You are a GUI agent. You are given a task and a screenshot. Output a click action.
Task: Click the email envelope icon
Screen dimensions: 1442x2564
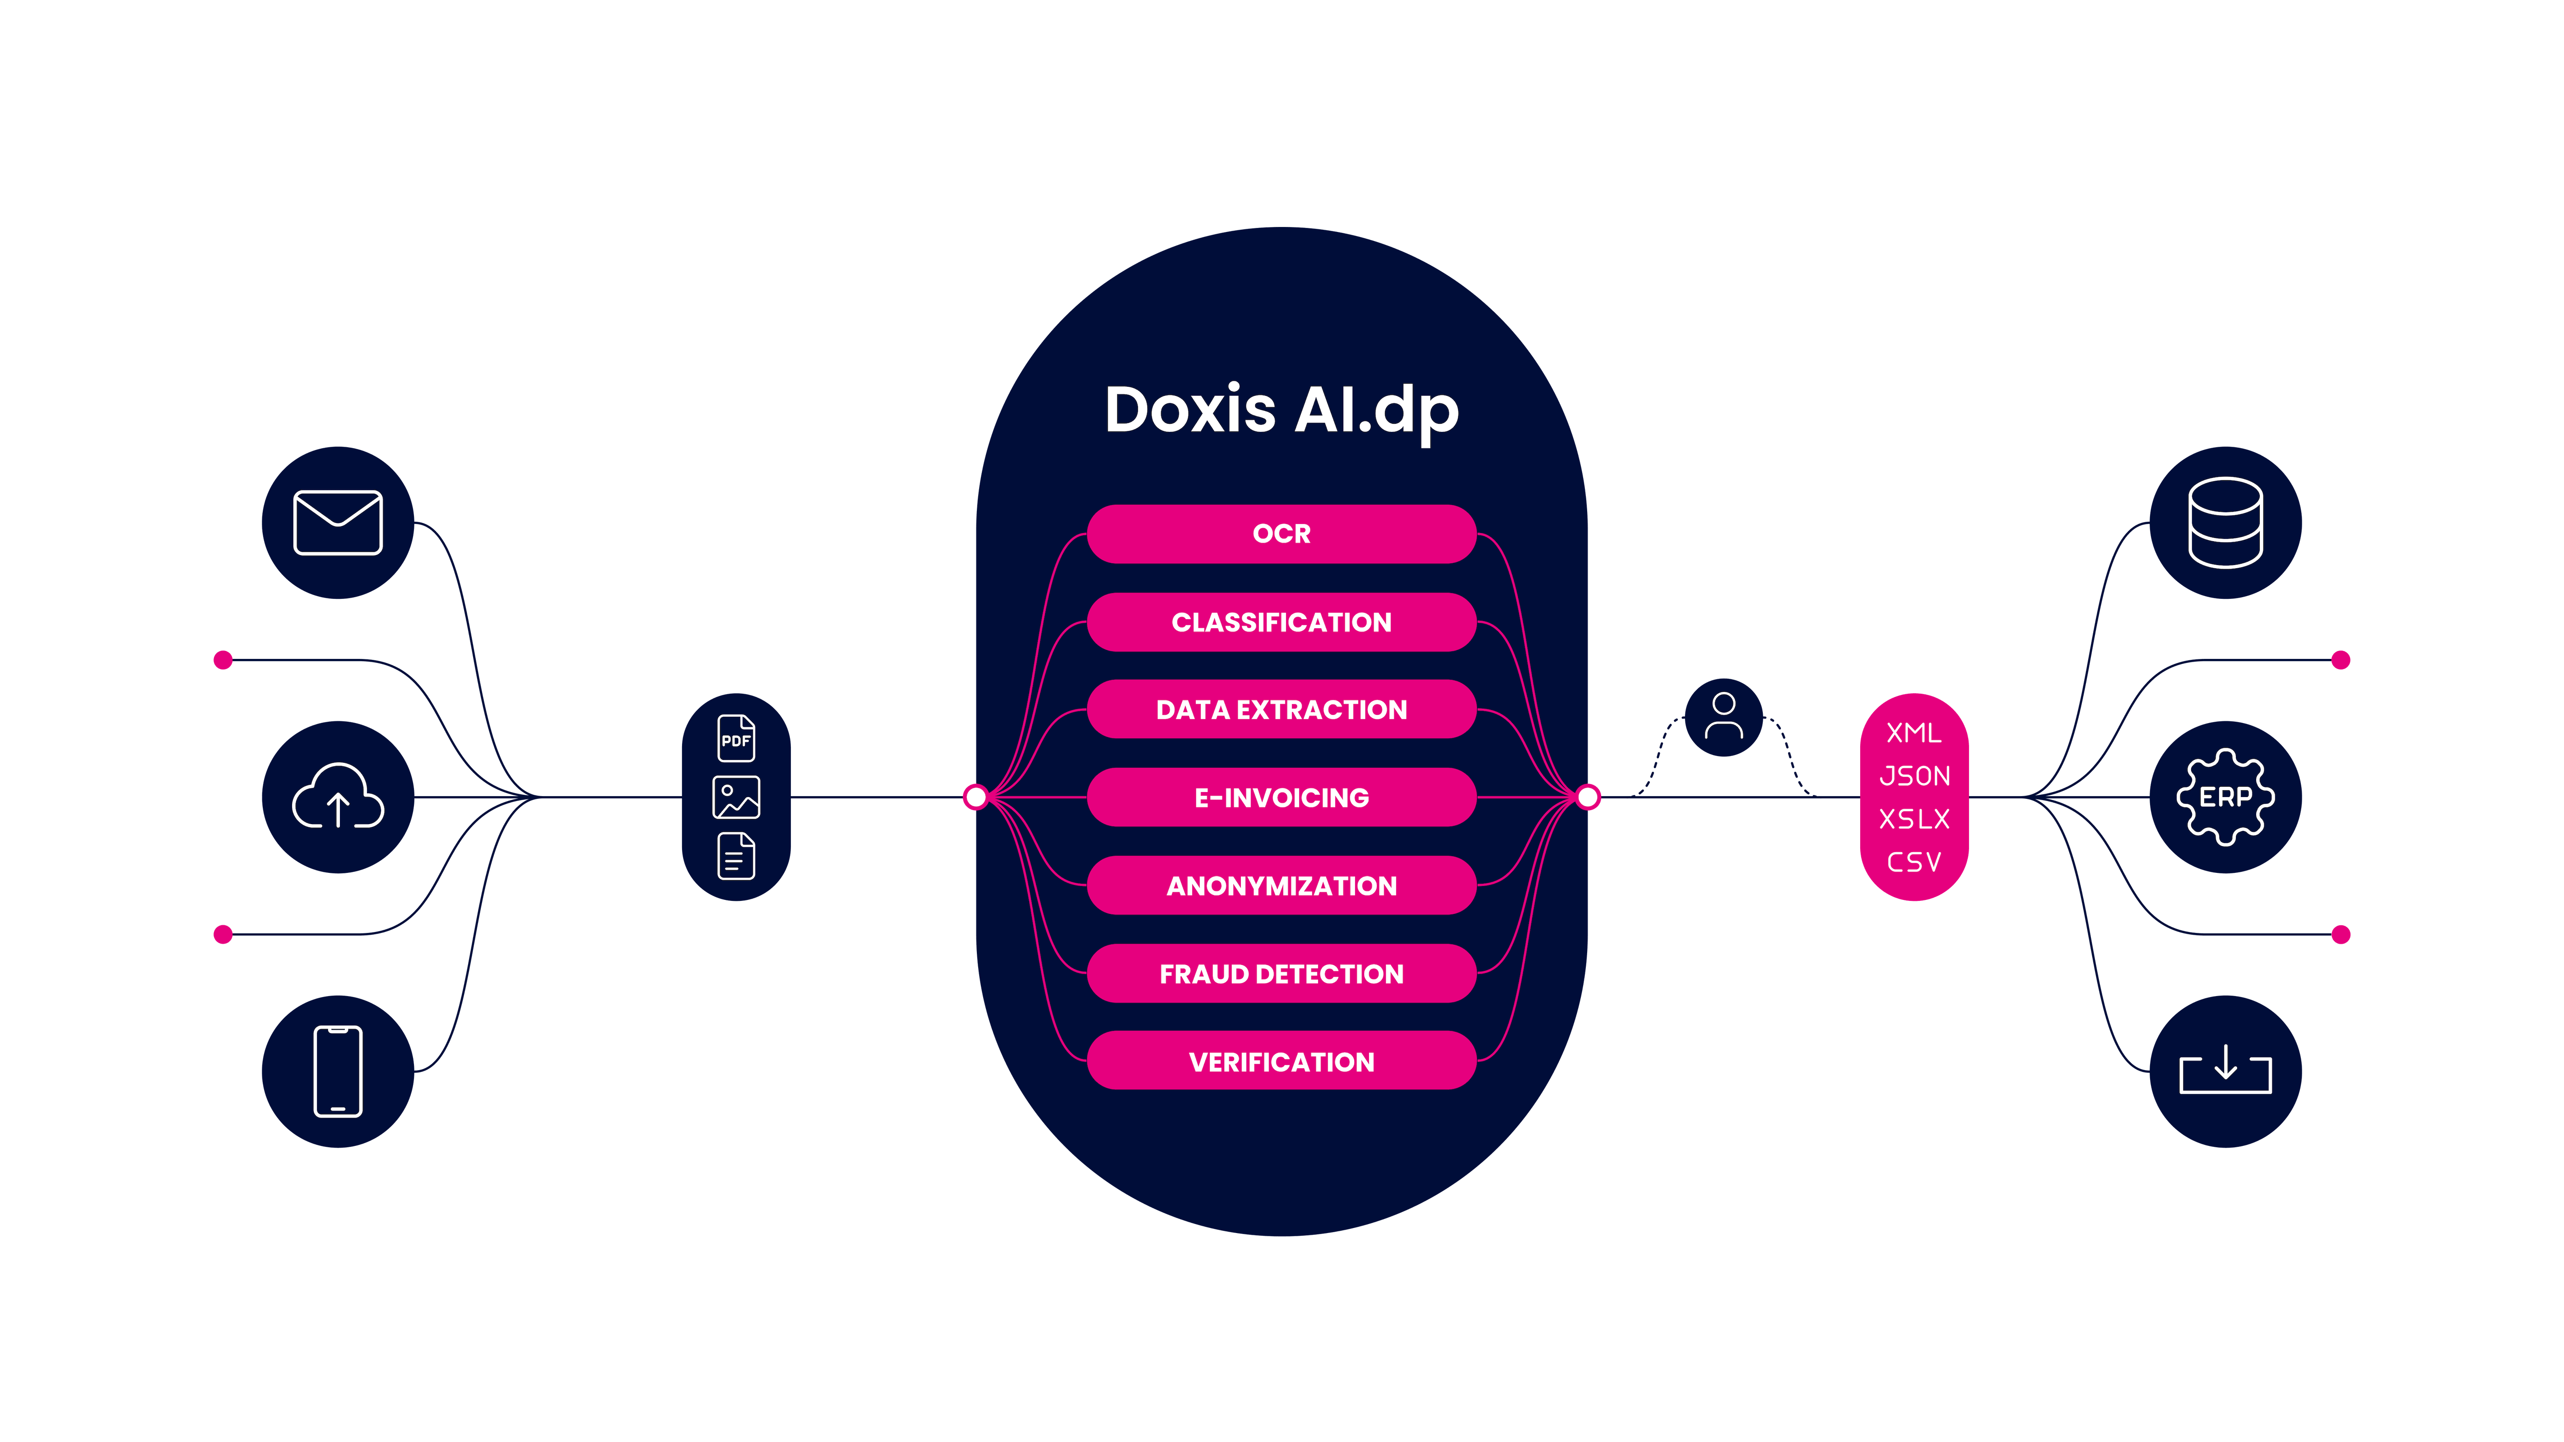tap(337, 523)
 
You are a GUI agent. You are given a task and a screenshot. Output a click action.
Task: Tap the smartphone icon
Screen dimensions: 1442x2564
tap(337, 1071)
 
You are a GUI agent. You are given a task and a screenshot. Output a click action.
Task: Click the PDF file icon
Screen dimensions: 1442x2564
tap(735, 738)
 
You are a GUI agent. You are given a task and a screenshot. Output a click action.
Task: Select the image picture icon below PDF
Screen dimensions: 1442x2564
tap(735, 797)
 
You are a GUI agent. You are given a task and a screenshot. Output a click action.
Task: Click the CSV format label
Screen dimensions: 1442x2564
tap(1914, 862)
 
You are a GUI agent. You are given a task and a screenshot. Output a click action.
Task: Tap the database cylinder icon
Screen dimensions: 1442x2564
tap(2225, 523)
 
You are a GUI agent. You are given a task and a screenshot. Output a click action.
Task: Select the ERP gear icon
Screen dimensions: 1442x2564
tap(2225, 797)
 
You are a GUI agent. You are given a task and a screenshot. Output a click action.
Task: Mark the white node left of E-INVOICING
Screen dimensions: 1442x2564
tap(975, 797)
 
